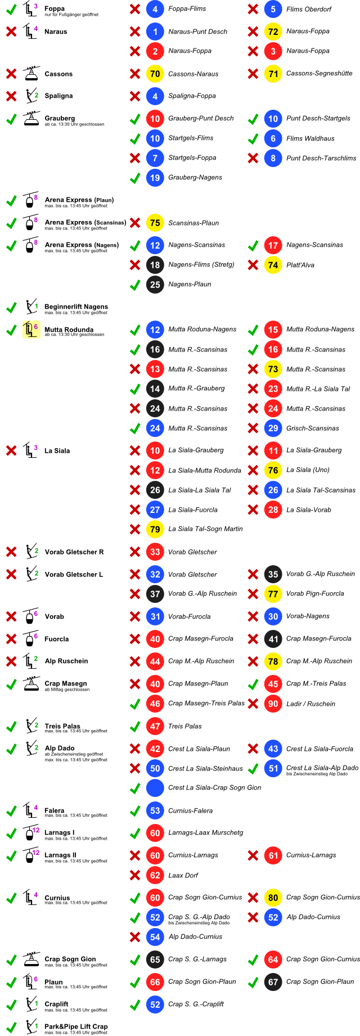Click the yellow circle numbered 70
pos(155,74)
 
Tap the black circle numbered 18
pos(155,265)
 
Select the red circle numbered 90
pos(273,704)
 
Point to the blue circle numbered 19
pos(155,178)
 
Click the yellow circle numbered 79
pos(155,529)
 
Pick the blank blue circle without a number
pos(155,788)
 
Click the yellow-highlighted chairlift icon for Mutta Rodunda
pos(30,330)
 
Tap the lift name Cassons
pos(58,74)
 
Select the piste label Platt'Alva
pos(300,265)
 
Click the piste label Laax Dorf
pos(183,875)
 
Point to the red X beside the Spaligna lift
pos(11,96)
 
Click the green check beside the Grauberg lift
pos(11,119)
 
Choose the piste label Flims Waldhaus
pos(310,138)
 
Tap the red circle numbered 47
pos(155,726)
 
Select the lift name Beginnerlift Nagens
pos(76,307)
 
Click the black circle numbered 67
pos(273,982)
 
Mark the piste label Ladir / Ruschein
pos(310,704)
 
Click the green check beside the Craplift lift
pos(11,1005)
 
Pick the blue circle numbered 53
pos(155,810)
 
